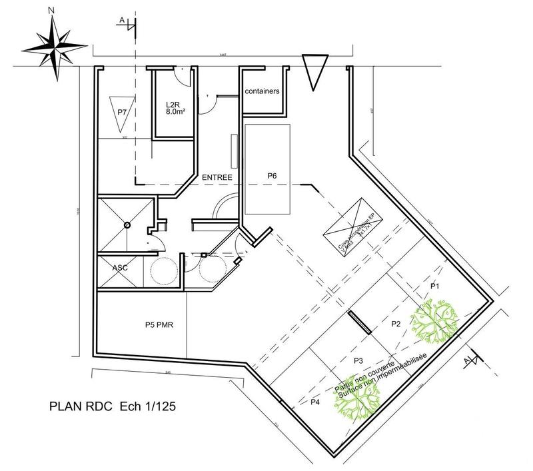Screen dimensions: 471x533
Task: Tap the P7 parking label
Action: (x=122, y=112)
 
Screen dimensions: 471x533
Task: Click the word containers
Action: (x=262, y=91)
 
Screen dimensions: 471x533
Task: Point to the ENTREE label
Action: (x=216, y=178)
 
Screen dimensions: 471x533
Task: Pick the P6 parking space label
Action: (x=272, y=175)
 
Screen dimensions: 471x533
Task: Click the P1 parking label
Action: (x=436, y=285)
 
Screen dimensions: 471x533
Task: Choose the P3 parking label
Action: (x=358, y=360)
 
